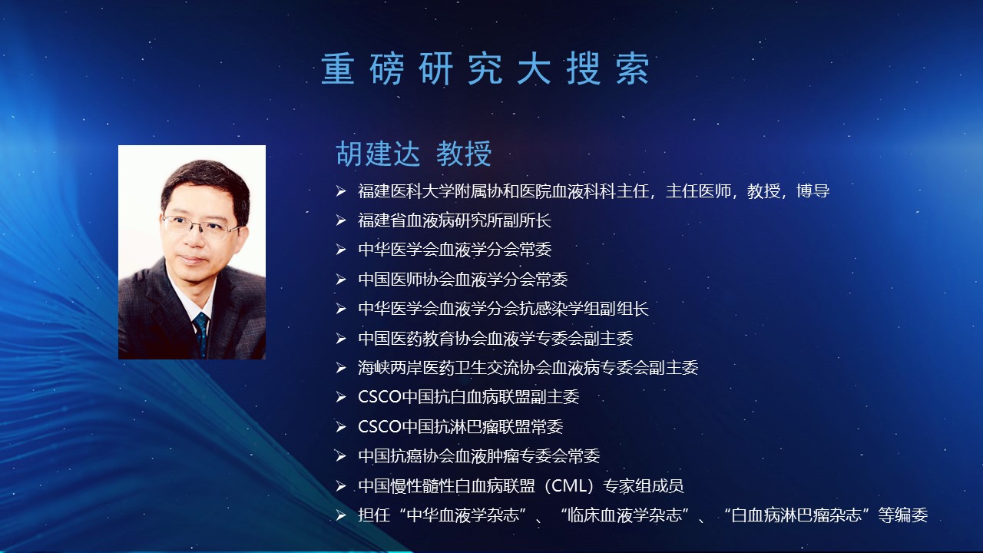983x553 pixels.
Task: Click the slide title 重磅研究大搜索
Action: point(485,68)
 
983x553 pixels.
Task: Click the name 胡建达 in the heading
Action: point(378,154)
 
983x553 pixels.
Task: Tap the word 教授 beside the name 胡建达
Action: point(464,154)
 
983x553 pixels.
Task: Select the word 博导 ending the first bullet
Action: point(813,191)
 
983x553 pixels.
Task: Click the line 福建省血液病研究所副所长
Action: point(454,220)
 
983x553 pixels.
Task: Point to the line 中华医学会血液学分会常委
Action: point(455,250)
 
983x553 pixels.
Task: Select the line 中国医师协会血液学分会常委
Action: point(462,279)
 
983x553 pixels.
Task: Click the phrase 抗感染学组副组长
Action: point(584,309)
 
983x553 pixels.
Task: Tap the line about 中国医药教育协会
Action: point(495,338)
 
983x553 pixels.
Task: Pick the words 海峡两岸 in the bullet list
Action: point(389,367)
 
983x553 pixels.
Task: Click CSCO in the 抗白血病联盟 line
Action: point(379,397)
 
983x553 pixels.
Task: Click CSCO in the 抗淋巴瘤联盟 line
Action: point(379,426)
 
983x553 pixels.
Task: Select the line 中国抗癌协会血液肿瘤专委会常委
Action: point(478,456)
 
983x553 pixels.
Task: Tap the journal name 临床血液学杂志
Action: point(624,515)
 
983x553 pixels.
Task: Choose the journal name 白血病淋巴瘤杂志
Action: point(796,515)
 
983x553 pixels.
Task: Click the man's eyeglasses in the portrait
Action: point(201,226)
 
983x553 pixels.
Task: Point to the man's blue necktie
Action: point(201,333)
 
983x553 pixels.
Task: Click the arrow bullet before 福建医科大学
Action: point(341,191)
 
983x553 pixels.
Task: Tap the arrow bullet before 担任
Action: point(341,515)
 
